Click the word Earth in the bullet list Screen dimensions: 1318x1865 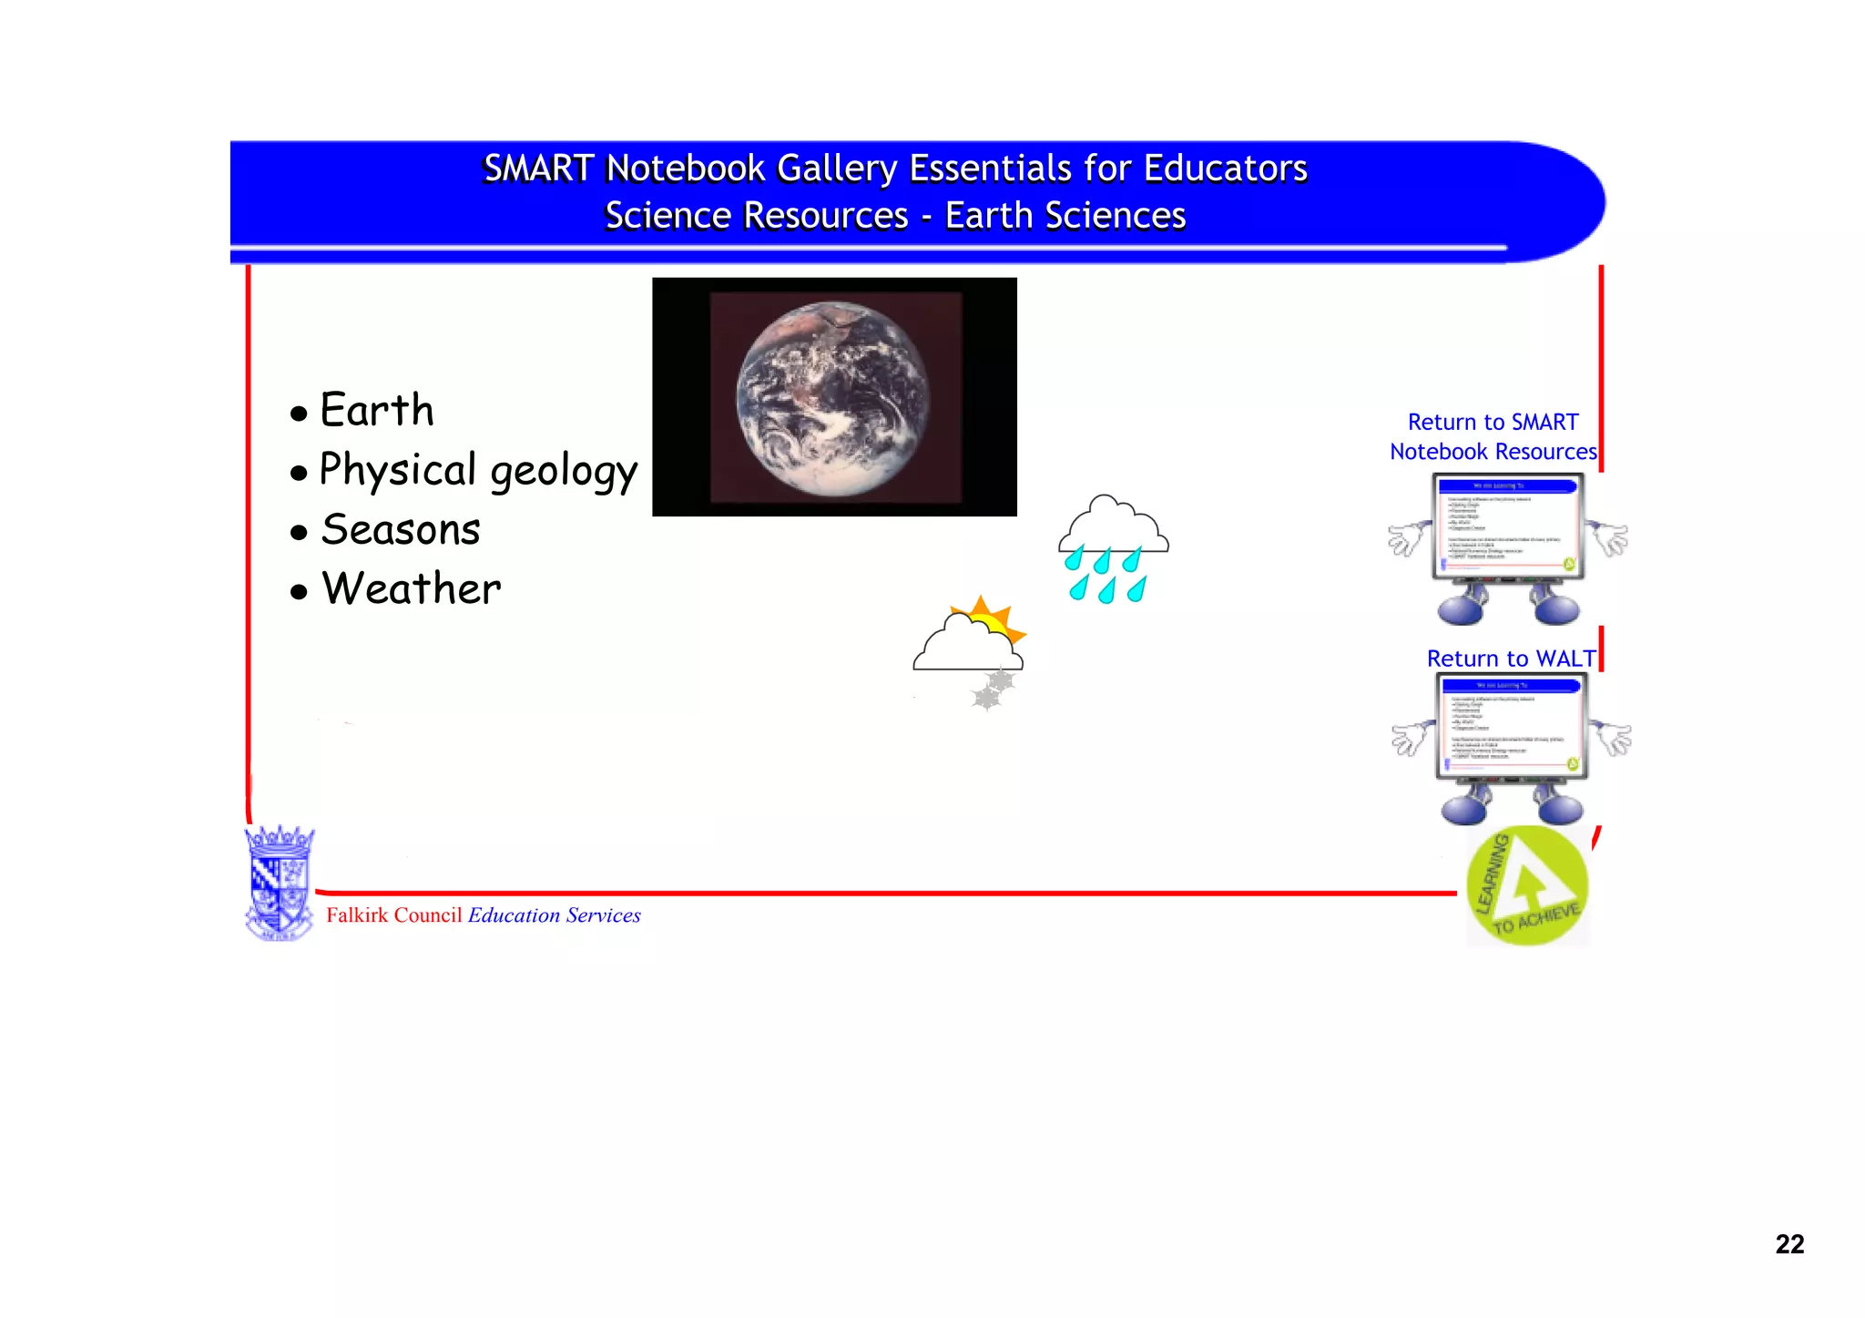[377, 411]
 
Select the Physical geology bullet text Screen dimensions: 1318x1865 [478, 471]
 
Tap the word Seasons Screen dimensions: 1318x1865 [401, 530]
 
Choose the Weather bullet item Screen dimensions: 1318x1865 [412, 588]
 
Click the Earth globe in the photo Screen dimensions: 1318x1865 [832, 399]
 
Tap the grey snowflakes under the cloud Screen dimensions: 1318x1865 [993, 690]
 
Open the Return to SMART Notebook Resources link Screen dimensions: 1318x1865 [1493, 437]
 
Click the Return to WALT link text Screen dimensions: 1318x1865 [1511, 659]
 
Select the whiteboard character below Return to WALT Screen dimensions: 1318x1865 [1512, 747]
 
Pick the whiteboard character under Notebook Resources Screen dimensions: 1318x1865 [1508, 547]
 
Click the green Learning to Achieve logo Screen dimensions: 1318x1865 [1527, 886]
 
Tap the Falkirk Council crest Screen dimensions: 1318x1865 [280, 883]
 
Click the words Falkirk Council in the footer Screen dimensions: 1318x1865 [394, 915]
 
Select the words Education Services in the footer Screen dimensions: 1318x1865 [555, 915]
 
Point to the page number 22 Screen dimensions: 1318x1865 [1789, 1244]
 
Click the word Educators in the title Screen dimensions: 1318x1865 [1225, 169]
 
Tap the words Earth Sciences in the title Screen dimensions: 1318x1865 [1065, 216]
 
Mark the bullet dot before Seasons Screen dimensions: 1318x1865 [299, 533]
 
